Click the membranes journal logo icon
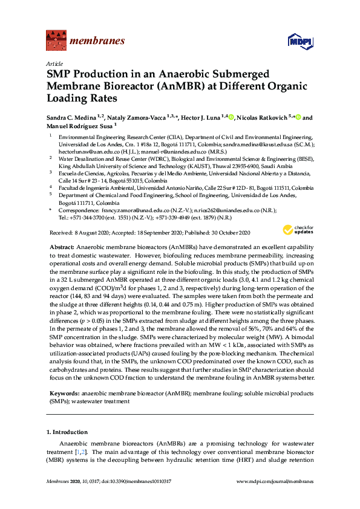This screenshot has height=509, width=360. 56,41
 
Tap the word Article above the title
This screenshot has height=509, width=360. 54,63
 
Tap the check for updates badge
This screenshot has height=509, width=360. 296,229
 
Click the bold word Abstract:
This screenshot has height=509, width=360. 61,248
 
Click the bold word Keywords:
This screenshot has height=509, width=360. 62,394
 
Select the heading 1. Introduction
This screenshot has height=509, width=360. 67,432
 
